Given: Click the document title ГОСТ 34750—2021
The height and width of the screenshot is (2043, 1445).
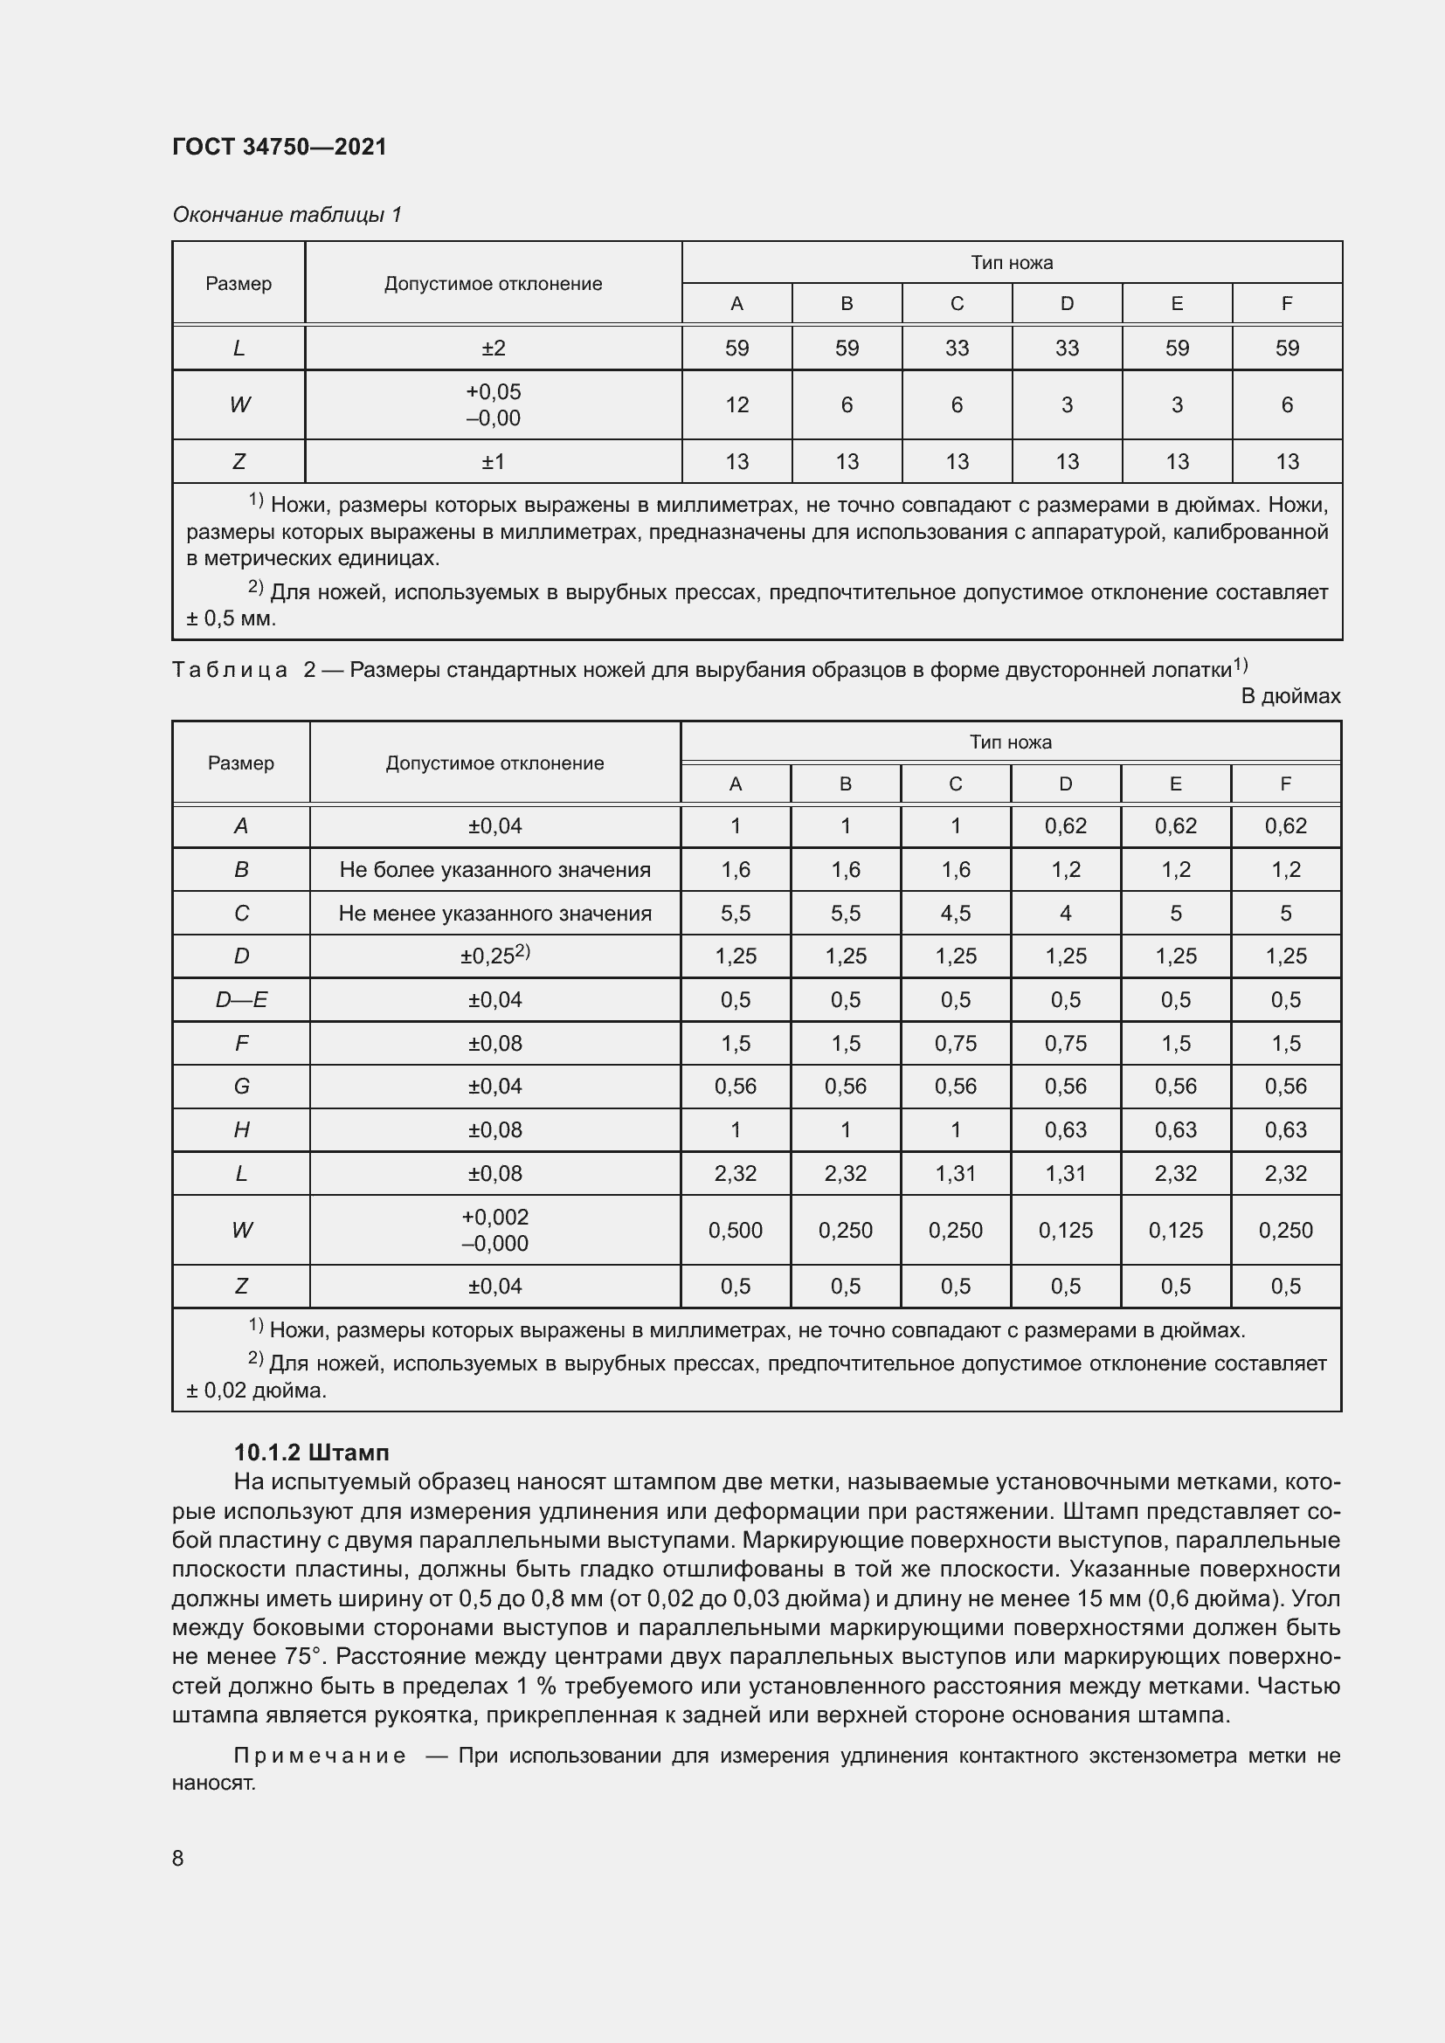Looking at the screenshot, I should tap(280, 147).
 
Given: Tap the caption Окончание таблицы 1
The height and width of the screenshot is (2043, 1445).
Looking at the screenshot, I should tap(287, 215).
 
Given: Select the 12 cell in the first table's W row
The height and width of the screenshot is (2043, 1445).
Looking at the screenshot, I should tap(736, 405).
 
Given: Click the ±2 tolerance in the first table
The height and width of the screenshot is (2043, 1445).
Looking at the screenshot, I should tap(493, 348).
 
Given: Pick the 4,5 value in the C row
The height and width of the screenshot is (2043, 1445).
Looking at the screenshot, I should tap(956, 913).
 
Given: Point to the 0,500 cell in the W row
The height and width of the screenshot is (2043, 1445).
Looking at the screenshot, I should tap(735, 1230).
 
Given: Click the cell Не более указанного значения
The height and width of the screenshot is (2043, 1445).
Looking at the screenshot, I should tap(494, 869).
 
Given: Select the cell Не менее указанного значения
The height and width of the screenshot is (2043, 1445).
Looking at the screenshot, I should tap(494, 913).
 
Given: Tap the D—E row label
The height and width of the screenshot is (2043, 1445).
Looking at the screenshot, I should tap(241, 999).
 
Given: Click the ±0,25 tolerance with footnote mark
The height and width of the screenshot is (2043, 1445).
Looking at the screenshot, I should tap(494, 956).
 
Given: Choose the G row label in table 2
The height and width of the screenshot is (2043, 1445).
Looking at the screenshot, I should tap(241, 1086).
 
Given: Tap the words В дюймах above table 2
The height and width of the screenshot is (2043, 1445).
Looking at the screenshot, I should tap(1290, 696).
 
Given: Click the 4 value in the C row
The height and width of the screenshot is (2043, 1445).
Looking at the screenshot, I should tap(1065, 913).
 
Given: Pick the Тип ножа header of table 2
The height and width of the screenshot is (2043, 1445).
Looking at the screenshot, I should tap(1010, 742).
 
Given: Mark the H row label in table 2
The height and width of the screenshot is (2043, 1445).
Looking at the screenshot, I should tap(241, 1129).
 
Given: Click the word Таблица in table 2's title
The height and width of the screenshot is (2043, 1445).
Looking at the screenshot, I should tap(230, 669).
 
